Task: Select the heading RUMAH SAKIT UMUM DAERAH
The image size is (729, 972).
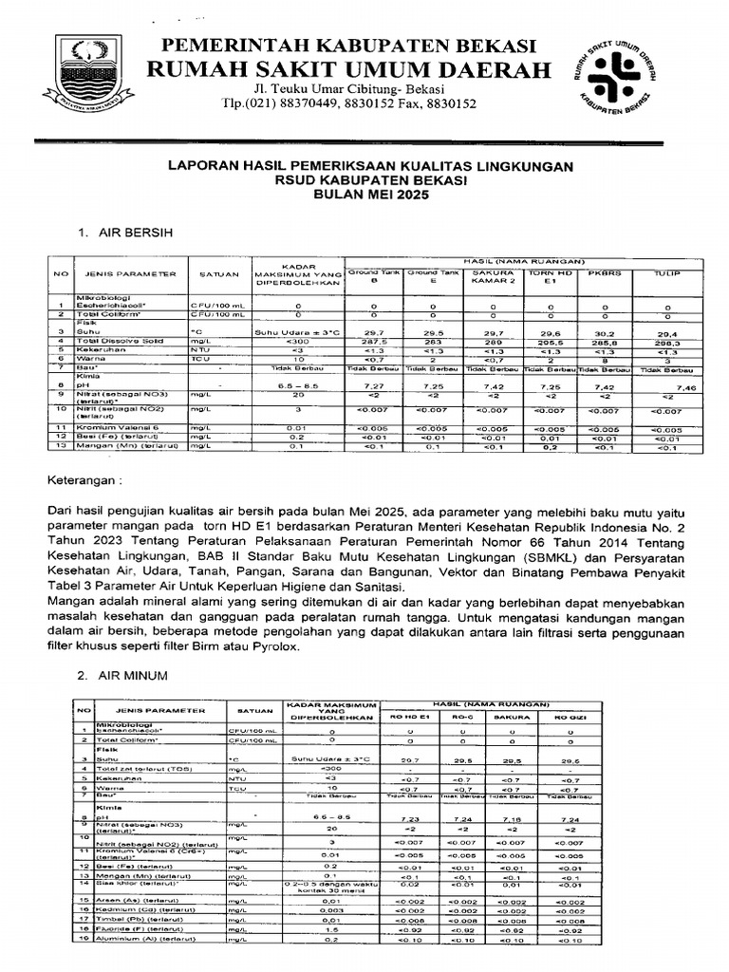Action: pyautogui.click(x=346, y=70)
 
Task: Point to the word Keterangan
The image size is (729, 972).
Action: pyautogui.click(x=83, y=481)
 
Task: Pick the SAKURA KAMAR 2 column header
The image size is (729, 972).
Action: pyautogui.click(x=493, y=276)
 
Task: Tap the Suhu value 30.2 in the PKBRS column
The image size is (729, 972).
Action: pyautogui.click(x=604, y=334)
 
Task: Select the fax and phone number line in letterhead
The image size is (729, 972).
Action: pyautogui.click(x=348, y=104)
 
